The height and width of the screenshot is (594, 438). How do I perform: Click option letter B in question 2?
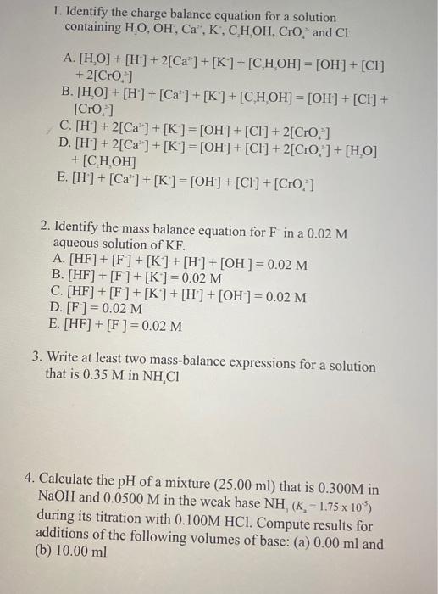coord(57,276)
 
